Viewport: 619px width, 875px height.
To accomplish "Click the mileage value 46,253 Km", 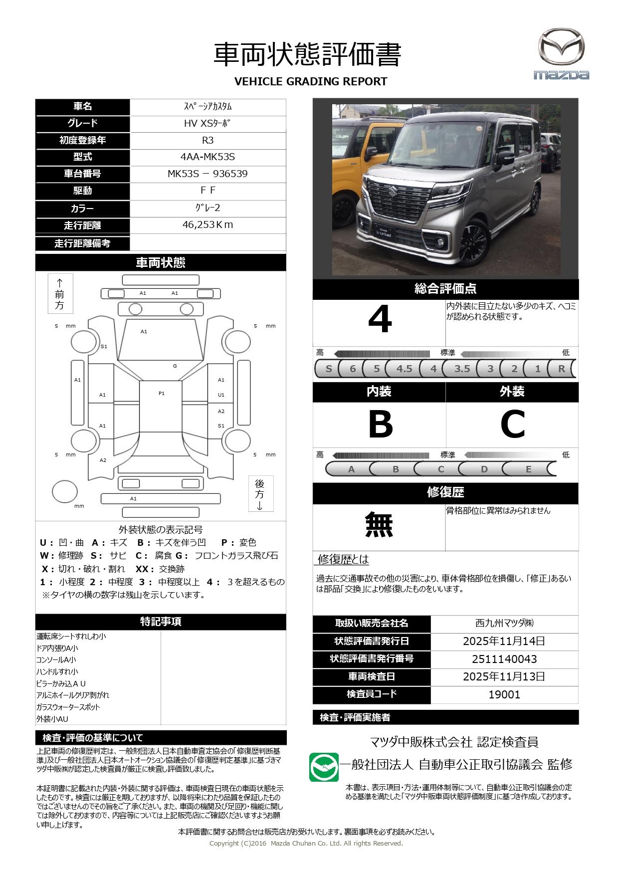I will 207,225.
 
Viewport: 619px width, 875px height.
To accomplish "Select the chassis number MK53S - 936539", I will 207,174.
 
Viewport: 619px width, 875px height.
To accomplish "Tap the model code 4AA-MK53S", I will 207,157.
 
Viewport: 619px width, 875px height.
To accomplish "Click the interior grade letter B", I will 380,425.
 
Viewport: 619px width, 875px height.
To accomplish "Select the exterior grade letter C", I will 512,425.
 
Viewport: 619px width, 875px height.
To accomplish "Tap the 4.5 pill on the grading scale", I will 404,369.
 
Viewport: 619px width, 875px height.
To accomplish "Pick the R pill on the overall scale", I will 561,369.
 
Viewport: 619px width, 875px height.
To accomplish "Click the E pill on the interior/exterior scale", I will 528,469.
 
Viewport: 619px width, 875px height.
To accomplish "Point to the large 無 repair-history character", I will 379,525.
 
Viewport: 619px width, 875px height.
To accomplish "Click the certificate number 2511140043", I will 504,659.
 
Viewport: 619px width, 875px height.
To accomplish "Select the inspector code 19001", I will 504,694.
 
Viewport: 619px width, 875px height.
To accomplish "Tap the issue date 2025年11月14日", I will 504,641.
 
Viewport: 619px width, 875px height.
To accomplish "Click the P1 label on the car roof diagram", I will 162,394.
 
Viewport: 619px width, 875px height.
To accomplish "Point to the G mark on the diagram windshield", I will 175,366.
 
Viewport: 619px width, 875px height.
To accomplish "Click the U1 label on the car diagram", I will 221,395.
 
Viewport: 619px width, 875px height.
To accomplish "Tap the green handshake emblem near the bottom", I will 324,767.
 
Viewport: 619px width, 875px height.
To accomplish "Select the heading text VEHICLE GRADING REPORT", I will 310,81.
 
